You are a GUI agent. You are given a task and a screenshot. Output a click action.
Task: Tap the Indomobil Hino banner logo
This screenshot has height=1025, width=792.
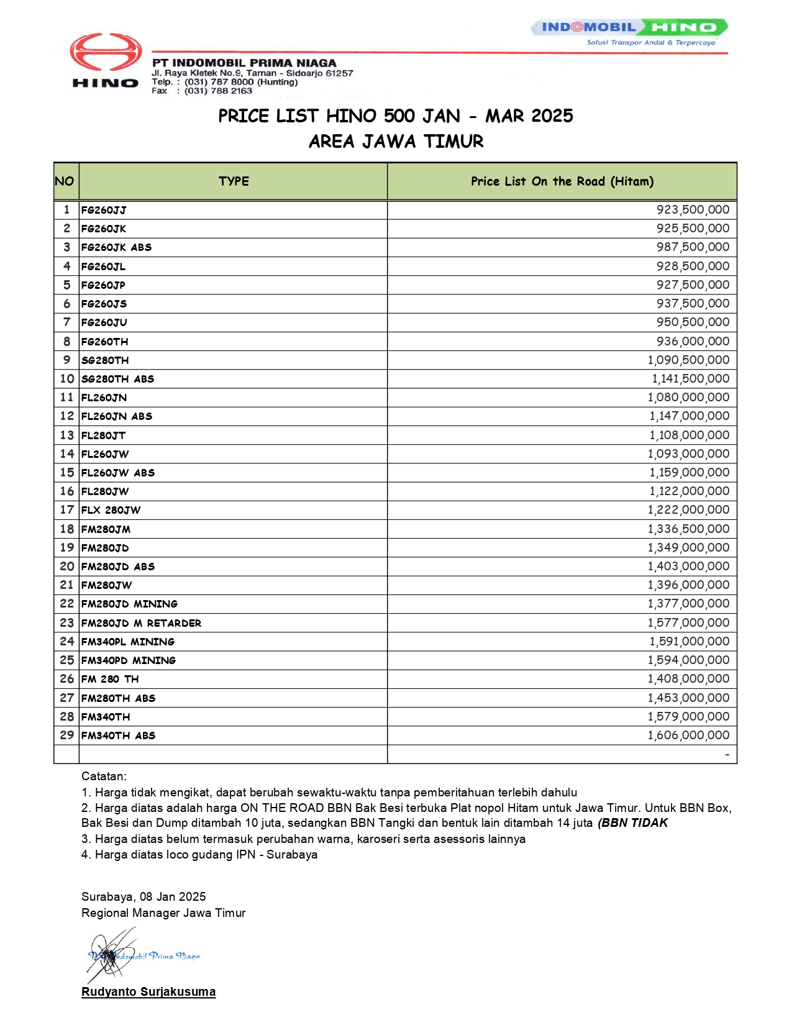629,28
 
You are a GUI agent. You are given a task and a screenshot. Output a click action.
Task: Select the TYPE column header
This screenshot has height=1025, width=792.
234,181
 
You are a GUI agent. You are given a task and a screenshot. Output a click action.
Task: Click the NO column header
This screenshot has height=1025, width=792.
65,181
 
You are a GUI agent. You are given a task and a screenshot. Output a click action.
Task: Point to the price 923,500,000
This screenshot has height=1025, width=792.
693,210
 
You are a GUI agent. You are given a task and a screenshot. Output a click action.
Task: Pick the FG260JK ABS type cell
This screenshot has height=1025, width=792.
117,247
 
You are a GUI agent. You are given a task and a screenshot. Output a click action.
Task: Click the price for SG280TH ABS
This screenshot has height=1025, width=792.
690,379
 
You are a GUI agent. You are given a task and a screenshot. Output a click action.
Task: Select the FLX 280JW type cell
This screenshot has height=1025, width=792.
111,510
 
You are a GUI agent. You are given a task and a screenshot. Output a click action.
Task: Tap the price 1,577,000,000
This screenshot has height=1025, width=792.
688,623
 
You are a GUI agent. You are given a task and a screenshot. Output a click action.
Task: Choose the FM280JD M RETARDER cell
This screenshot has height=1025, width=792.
142,623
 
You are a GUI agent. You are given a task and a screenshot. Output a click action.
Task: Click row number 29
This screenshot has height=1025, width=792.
67,736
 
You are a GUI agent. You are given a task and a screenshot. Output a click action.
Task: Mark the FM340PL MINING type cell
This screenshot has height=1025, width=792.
128,642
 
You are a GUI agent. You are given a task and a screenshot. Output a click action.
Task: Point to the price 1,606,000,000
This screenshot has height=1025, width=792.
688,736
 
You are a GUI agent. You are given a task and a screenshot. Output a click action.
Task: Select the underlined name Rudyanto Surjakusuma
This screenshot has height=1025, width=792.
148,992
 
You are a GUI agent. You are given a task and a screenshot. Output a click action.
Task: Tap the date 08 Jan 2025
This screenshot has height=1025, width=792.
173,896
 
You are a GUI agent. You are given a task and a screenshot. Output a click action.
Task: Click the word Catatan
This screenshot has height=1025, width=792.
104,777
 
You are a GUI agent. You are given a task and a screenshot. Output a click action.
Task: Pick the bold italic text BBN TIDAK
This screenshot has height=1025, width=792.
634,823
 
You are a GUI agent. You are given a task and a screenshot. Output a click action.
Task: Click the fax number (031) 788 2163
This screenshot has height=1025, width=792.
218,91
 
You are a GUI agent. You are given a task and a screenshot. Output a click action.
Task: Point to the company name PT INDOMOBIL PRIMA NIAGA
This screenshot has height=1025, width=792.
244,63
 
